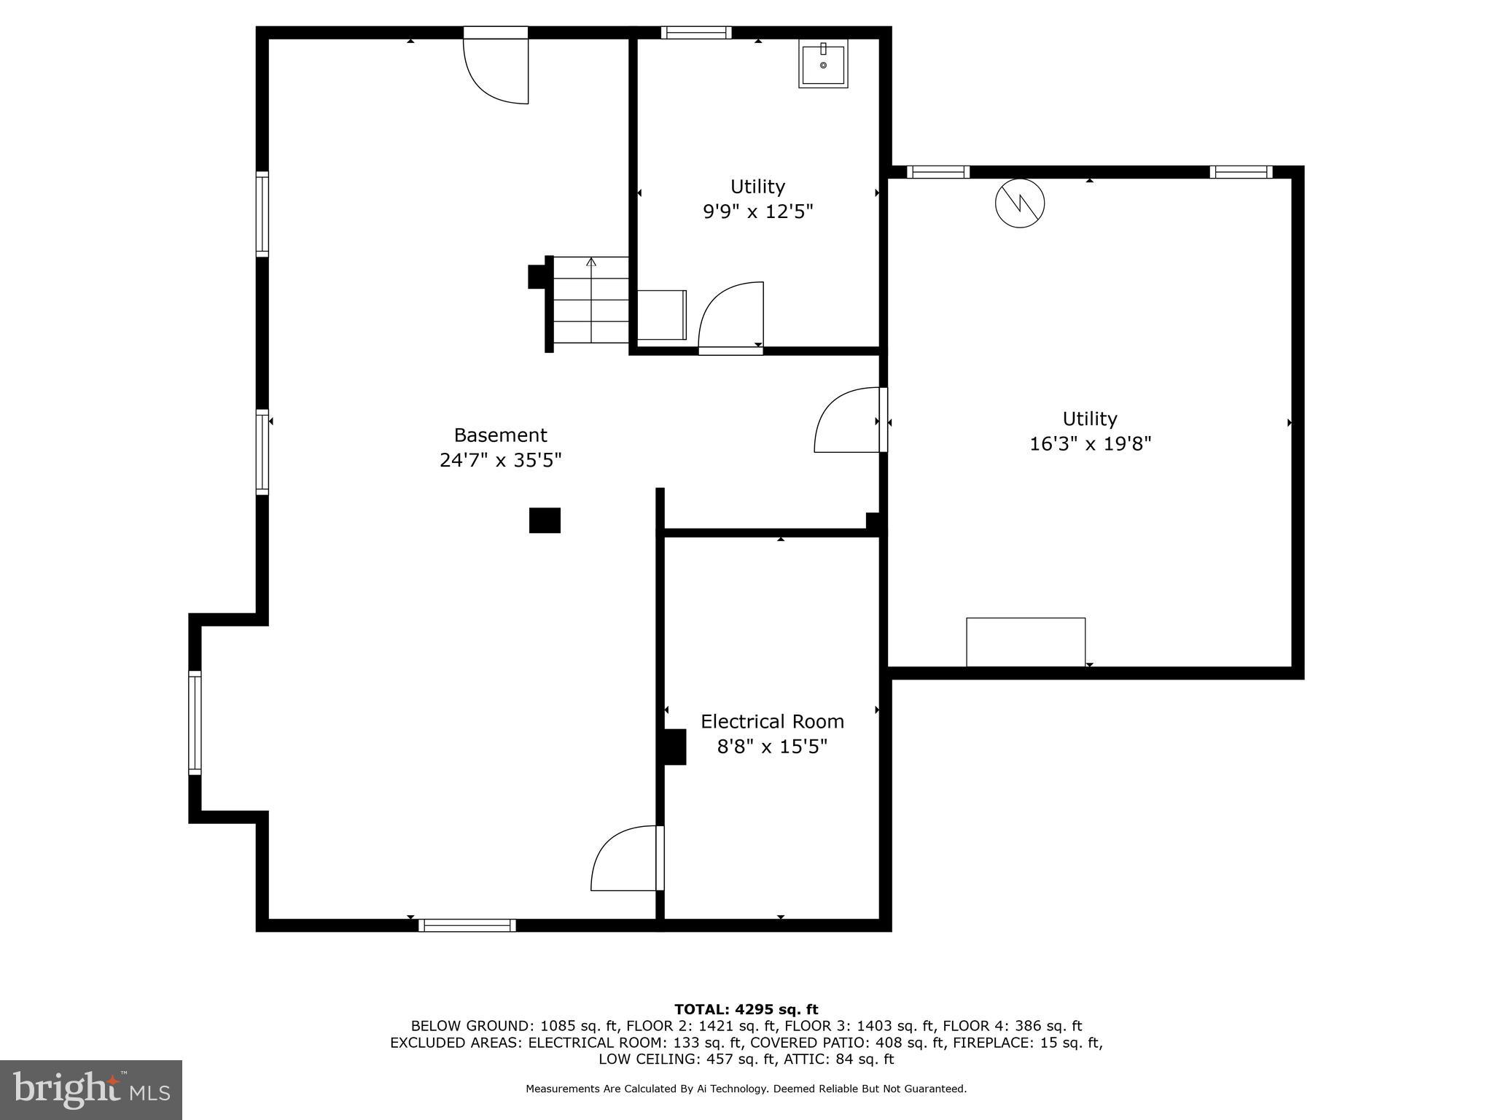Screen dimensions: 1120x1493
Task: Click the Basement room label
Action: point(500,435)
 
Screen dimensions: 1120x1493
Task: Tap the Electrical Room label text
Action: point(772,721)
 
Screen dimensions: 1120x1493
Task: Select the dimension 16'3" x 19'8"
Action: point(1089,443)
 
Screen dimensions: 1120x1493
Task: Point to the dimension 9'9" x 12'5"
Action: point(757,211)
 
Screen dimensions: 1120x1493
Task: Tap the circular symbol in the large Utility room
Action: point(1019,203)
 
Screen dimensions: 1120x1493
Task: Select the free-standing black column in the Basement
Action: point(545,520)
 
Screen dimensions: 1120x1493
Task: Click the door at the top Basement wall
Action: point(496,69)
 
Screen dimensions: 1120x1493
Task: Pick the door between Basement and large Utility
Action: point(849,421)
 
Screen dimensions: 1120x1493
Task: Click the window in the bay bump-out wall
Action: point(195,722)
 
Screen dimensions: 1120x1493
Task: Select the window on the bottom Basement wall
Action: point(467,925)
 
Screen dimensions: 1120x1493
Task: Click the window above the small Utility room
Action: point(695,32)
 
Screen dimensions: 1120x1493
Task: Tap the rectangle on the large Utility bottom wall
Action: point(1025,642)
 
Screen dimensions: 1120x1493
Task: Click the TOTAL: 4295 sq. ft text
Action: point(746,1009)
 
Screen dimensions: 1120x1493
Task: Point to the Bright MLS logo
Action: point(91,1089)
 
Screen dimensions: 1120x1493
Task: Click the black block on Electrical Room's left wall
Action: point(674,747)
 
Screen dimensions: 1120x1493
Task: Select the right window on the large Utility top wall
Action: point(1241,172)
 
